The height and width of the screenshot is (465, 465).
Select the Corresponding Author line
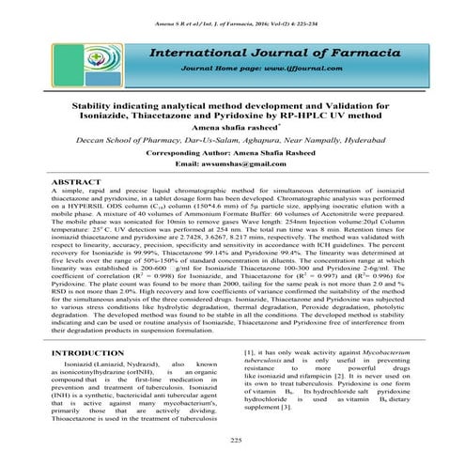point(233,150)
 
